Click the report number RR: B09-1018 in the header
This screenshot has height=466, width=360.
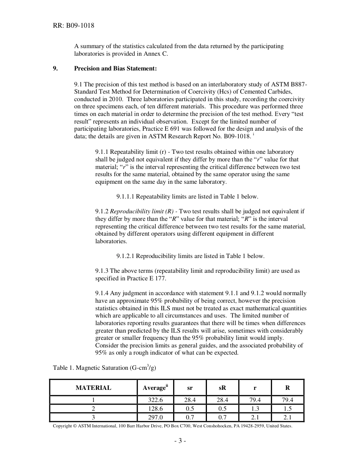coord(74,26)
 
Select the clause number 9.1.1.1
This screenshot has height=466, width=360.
coord(125,197)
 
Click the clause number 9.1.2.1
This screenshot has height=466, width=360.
coord(125,256)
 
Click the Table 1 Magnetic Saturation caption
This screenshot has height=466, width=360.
coord(105,368)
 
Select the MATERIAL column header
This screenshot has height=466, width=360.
coord(93,388)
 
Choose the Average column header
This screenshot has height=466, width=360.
coord(155,388)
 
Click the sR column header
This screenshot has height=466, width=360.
coord(222,388)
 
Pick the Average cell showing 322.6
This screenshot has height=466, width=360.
coord(155,400)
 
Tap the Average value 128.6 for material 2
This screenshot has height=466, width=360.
coord(155,409)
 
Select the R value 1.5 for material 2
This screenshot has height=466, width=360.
coord(288,409)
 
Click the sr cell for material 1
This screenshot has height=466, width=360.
coord(190,400)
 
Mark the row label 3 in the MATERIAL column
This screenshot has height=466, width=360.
coord(93,418)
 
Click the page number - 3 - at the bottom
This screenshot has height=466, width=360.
coord(180,441)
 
